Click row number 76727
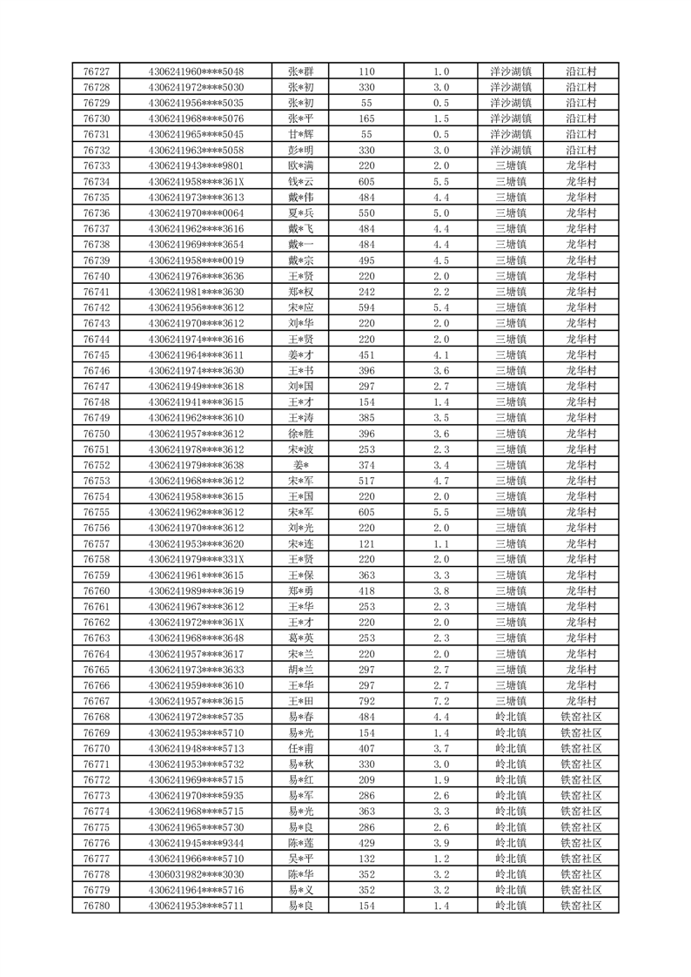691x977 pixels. (x=96, y=71)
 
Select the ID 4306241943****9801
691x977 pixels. (x=196, y=165)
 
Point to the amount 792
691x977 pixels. (x=366, y=701)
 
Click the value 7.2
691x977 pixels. (x=440, y=701)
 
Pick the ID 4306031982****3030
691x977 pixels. (x=196, y=874)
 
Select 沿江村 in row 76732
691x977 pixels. (x=580, y=150)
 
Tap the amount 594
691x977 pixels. (x=366, y=307)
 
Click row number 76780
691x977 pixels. (x=96, y=906)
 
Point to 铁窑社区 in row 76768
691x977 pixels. (x=580, y=717)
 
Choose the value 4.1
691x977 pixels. (x=440, y=354)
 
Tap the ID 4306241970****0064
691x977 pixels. (x=196, y=212)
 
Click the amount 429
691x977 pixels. (x=366, y=843)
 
